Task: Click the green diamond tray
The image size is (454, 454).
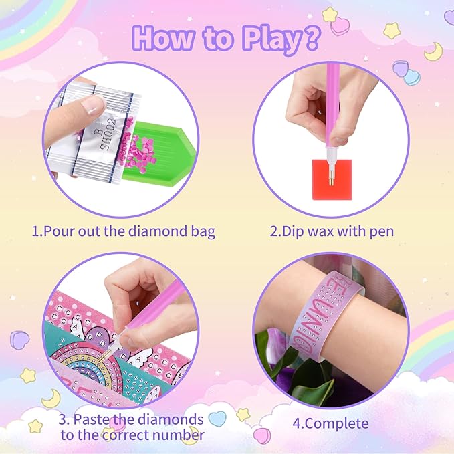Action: (156, 153)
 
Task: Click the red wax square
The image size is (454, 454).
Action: (332, 180)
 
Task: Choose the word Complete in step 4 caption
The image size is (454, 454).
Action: (336, 424)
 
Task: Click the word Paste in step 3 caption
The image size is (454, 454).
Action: (91, 419)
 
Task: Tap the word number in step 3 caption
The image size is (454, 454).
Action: (179, 435)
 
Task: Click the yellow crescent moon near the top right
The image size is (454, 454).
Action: (434, 52)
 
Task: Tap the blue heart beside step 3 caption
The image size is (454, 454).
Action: (217, 419)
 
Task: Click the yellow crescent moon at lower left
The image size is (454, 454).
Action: (51, 399)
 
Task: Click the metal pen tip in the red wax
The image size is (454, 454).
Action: (332, 177)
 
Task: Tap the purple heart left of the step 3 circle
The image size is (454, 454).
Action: (19, 340)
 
